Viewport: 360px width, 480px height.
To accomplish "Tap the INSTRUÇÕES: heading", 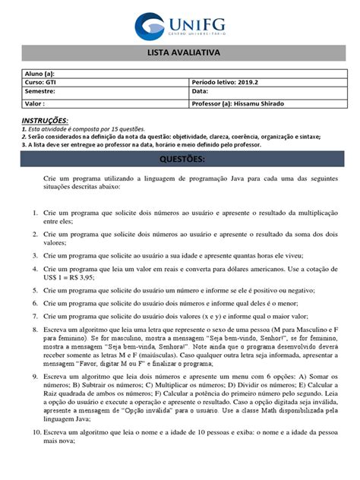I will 44,121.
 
